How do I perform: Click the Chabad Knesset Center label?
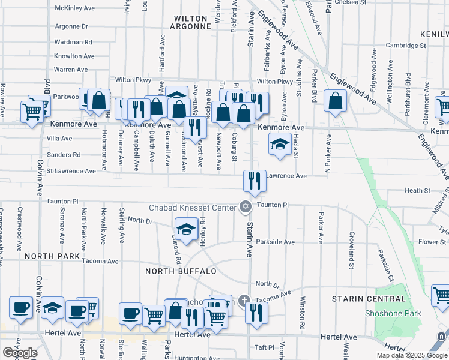tap(192, 208)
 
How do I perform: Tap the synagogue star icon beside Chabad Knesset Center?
tap(244, 208)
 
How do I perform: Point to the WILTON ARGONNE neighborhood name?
tap(192, 22)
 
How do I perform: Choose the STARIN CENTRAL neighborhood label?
tap(369, 299)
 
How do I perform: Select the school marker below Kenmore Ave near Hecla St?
tap(279, 144)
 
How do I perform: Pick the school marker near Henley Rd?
tap(187, 229)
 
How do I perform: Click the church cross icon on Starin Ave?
tap(244, 299)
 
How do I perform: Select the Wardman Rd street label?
tap(73, 42)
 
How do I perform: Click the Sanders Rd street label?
tap(64, 155)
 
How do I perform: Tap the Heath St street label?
tap(418, 190)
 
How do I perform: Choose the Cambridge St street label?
tap(406, 45)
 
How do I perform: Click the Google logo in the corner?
tap(20, 353)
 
